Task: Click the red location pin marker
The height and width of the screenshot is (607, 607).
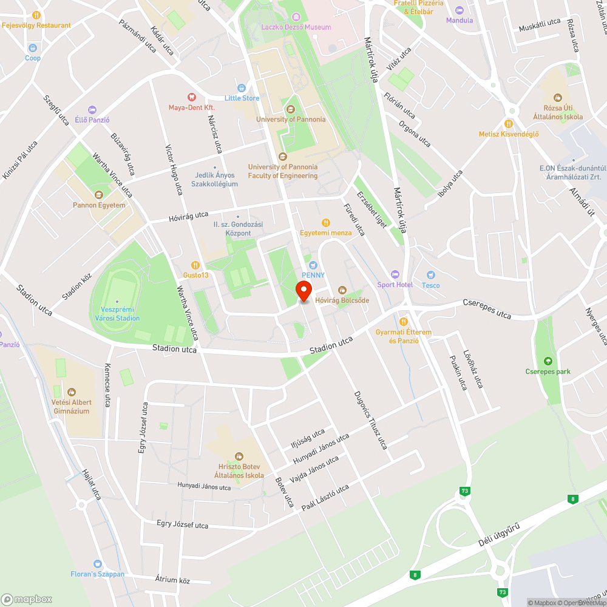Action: pos(304,291)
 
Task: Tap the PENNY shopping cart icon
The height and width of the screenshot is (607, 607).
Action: pos(313,265)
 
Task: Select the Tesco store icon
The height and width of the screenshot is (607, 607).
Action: pos(431,275)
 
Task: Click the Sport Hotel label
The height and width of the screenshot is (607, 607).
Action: pos(395,285)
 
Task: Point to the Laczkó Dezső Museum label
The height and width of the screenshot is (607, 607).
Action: pos(296,27)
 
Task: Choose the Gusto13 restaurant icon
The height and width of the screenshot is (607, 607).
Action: pos(195,265)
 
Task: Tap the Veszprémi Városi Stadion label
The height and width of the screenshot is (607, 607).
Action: pos(117,314)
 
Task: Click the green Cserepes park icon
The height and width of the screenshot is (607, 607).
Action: pos(549,361)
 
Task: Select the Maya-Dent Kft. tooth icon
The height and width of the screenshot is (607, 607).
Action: pos(192,97)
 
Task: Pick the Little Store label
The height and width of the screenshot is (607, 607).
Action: pos(242,98)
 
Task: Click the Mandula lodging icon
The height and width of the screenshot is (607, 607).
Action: pos(459,10)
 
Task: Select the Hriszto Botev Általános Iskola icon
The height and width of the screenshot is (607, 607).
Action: pos(239,456)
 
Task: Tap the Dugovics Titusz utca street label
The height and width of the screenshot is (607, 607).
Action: pos(370,420)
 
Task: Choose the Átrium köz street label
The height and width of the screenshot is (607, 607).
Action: pos(172,580)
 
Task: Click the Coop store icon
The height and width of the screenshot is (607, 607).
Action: pos(33,47)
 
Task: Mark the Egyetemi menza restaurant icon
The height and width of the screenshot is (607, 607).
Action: pos(325,222)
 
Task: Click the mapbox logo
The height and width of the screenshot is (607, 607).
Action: pos(27,599)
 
